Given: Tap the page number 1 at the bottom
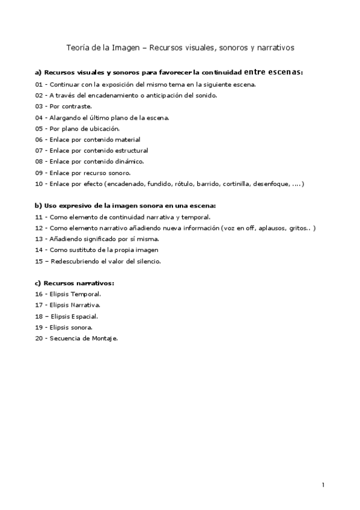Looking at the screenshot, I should pos(323,485).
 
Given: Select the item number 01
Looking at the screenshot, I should pos(39,84).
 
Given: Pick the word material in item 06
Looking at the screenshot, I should pos(127,140).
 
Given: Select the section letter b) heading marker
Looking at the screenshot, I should pos(38,206).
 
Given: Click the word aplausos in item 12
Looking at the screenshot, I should pos(267,228).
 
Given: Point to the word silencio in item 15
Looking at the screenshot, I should pos(148,261).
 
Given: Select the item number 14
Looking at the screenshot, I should pos(39,250).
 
